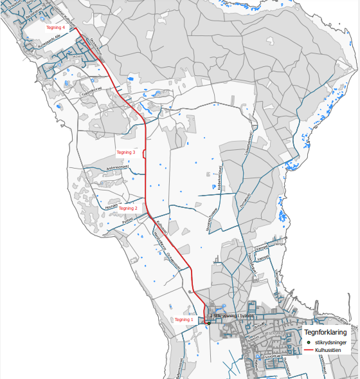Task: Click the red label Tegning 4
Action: [x=56, y=28]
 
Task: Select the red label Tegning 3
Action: [x=125, y=152]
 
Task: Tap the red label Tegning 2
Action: [x=128, y=208]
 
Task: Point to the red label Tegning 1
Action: [x=184, y=319]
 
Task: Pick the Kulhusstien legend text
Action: [x=328, y=351]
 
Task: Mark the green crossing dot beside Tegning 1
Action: [x=208, y=322]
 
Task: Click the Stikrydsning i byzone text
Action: [x=234, y=316]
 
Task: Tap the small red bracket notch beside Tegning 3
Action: [x=145, y=153]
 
